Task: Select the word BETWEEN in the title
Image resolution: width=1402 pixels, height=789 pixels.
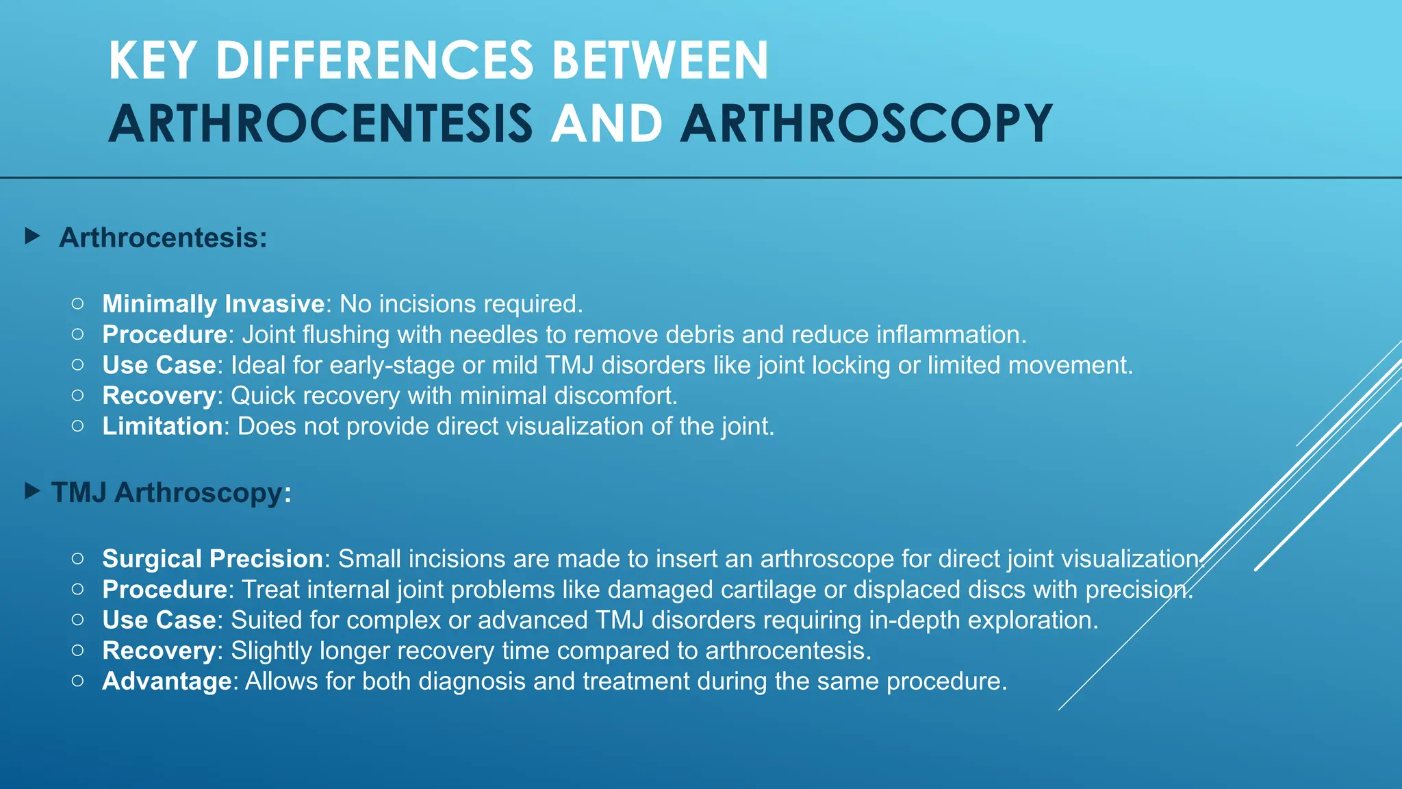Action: [660, 61]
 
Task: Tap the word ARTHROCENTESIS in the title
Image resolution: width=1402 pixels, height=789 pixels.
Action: [320, 124]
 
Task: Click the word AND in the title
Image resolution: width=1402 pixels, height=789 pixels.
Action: [607, 124]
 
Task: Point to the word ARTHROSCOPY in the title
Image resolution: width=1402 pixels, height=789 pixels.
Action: [866, 124]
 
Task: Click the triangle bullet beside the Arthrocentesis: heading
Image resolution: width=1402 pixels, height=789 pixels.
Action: [32, 237]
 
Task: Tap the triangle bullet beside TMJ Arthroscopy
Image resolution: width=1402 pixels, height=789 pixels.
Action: [32, 491]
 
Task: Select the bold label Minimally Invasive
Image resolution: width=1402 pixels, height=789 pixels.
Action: [214, 304]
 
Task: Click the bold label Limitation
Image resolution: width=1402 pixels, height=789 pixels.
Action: [163, 427]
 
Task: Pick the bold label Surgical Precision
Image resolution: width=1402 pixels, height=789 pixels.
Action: [213, 559]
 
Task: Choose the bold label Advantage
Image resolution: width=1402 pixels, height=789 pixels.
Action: [167, 681]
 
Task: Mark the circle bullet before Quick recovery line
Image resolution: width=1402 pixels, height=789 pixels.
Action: [78, 395]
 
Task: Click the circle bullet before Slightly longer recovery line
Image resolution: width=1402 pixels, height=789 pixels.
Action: [78, 650]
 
